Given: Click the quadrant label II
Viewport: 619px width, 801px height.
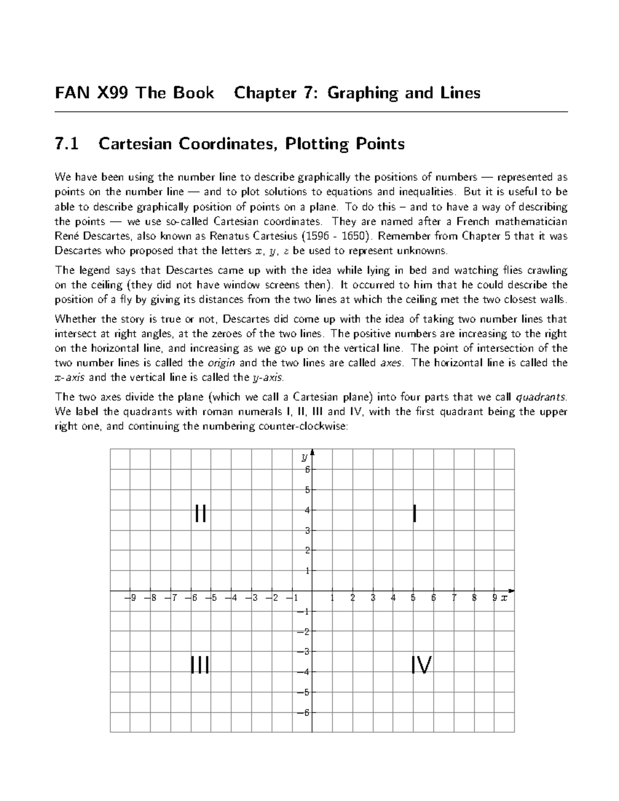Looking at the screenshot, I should (x=201, y=514).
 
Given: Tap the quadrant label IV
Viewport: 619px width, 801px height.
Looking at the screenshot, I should (x=421, y=665).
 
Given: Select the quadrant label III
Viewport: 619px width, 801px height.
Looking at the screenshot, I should (x=200, y=665).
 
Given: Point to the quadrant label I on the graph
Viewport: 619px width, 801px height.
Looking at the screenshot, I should (x=414, y=514).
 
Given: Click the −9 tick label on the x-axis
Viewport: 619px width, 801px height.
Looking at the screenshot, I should (x=131, y=598).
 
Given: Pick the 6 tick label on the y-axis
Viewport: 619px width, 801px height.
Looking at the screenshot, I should (x=306, y=469).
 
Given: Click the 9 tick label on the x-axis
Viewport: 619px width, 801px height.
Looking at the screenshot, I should (x=494, y=598).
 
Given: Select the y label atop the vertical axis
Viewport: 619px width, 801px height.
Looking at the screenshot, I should (x=305, y=457).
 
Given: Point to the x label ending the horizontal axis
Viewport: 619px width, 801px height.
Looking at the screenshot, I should (x=504, y=598).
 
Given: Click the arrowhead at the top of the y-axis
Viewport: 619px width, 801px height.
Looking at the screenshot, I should (x=313, y=453).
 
